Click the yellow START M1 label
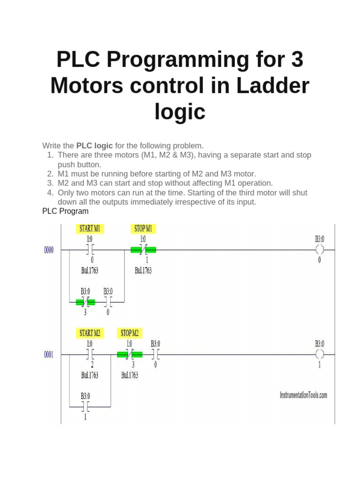click(x=90, y=229)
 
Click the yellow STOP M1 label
click(x=143, y=229)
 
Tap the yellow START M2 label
click(x=90, y=333)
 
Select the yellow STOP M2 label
click(x=129, y=333)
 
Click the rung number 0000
click(x=49, y=250)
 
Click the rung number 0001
click(x=49, y=355)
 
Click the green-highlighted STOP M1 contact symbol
click(x=143, y=250)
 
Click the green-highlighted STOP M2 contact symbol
click(x=129, y=354)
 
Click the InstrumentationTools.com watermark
click(x=303, y=395)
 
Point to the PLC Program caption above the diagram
click(x=65, y=211)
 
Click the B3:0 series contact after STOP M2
click(x=155, y=354)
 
